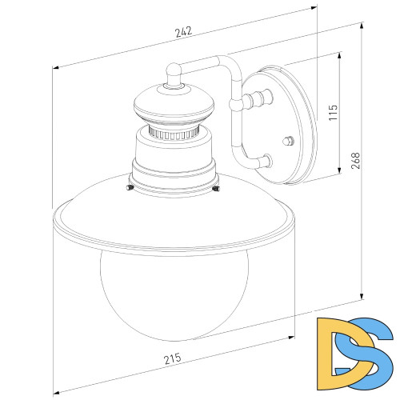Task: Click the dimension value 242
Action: [184, 33]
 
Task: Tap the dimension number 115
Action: [334, 111]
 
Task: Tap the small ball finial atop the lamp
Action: [173, 73]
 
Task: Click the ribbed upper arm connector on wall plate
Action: [255, 102]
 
